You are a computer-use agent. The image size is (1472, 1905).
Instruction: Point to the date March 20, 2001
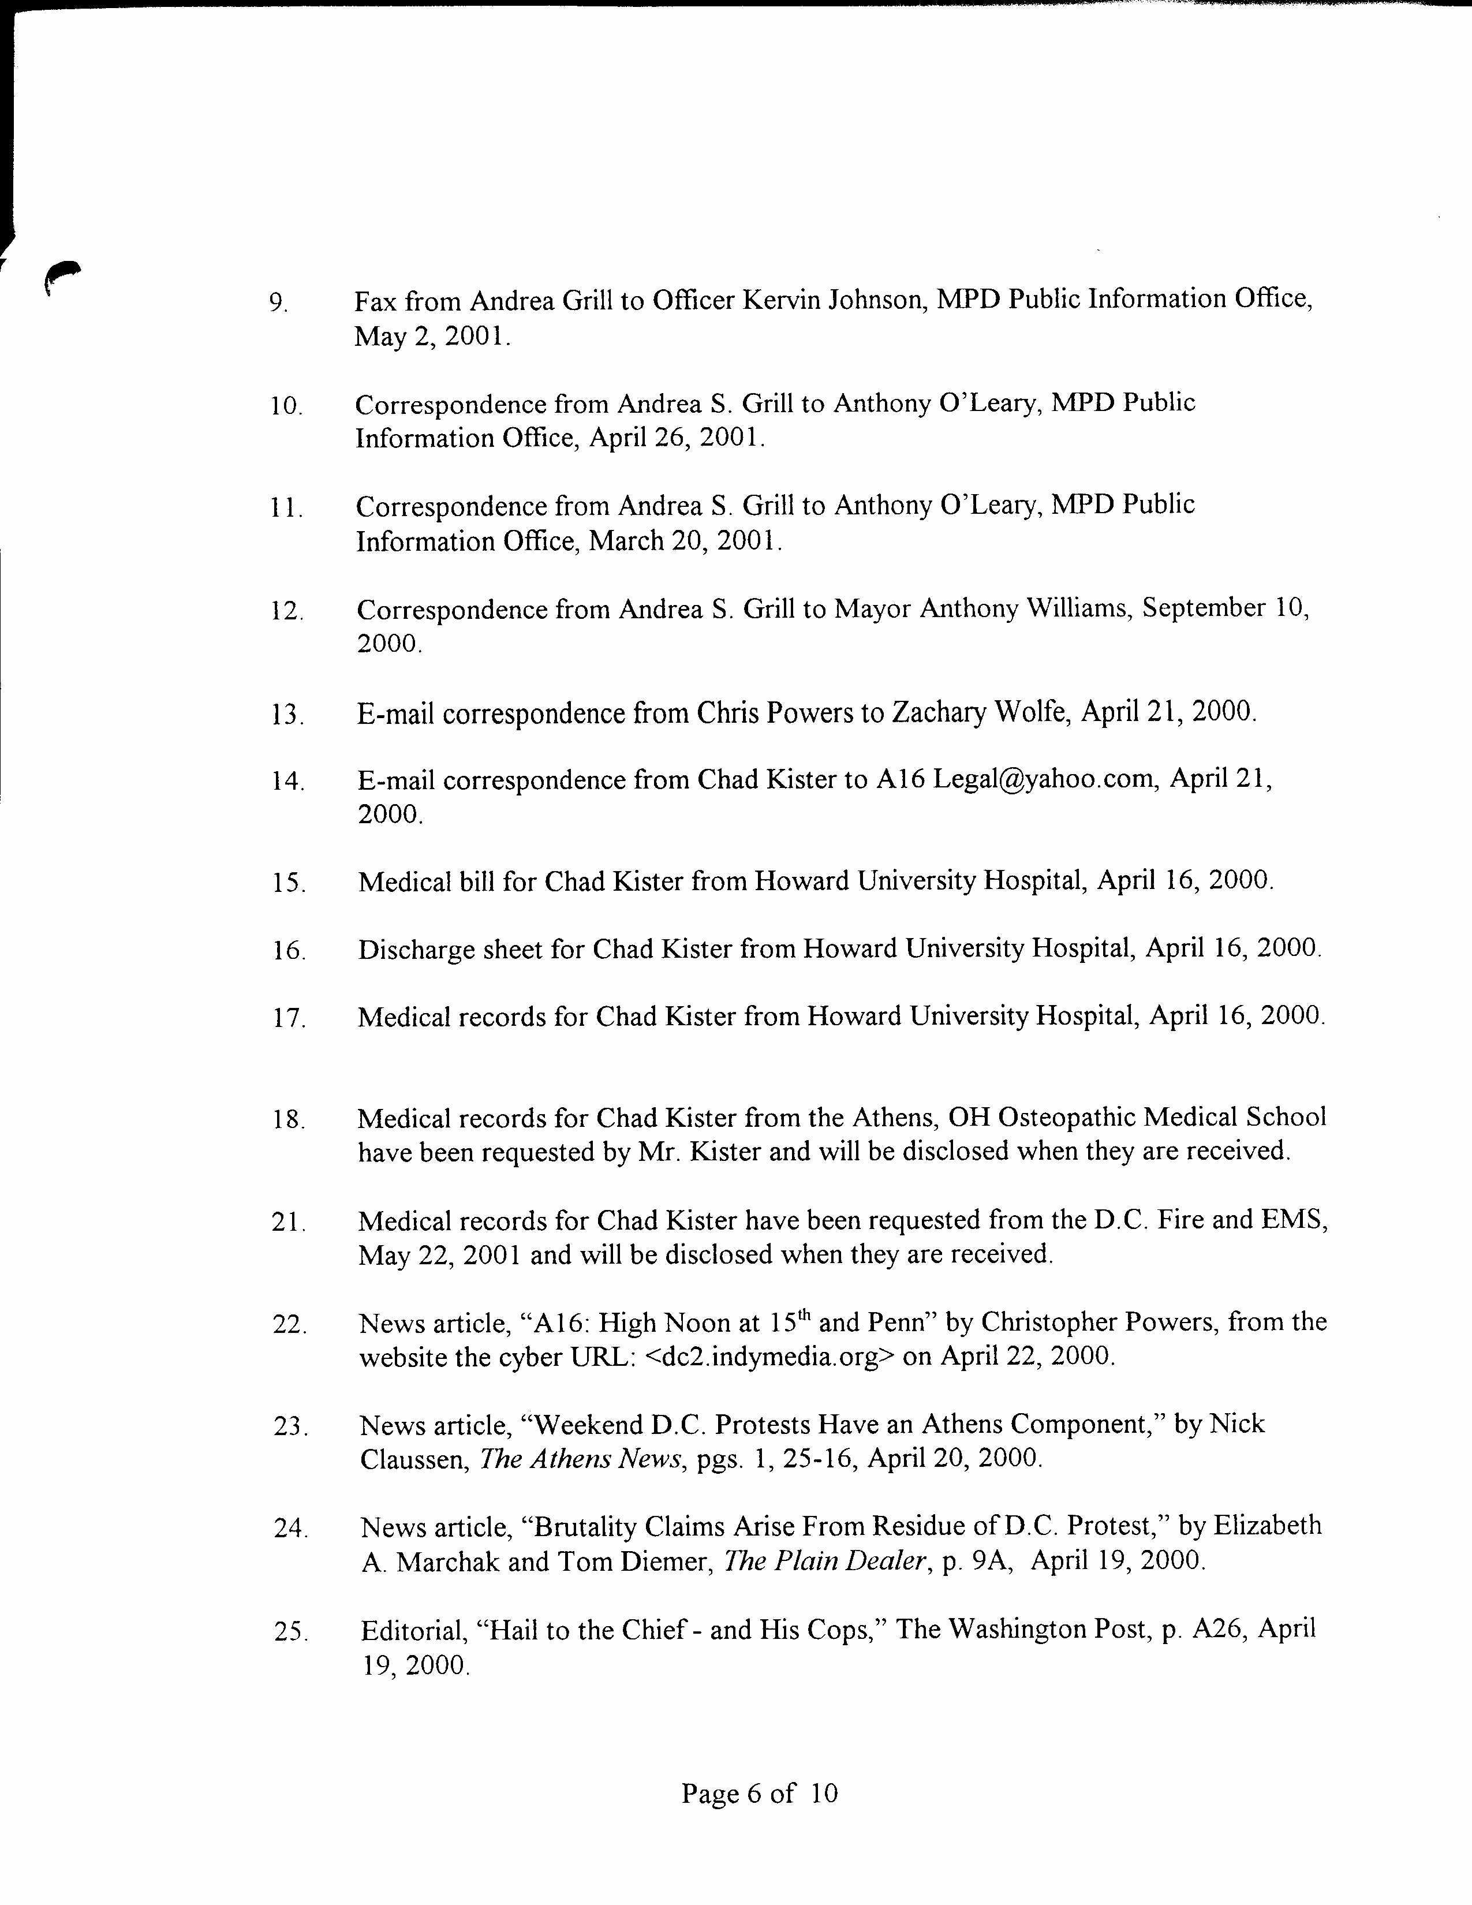click(685, 541)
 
